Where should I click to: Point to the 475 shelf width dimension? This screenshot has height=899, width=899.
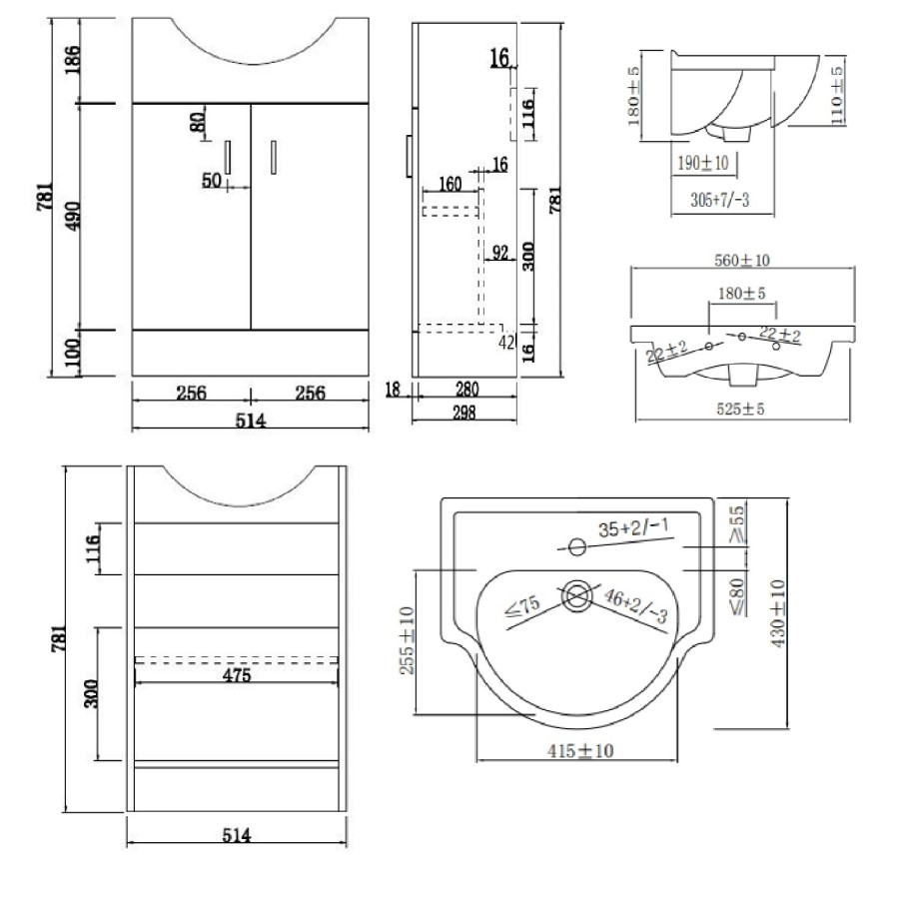(237, 674)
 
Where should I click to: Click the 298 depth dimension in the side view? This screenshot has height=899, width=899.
(465, 411)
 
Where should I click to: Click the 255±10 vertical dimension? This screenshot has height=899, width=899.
(409, 640)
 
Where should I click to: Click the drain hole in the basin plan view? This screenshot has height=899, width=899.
(576, 596)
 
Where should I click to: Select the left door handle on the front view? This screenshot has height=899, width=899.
(229, 157)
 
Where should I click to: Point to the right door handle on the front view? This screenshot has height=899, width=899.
(273, 157)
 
